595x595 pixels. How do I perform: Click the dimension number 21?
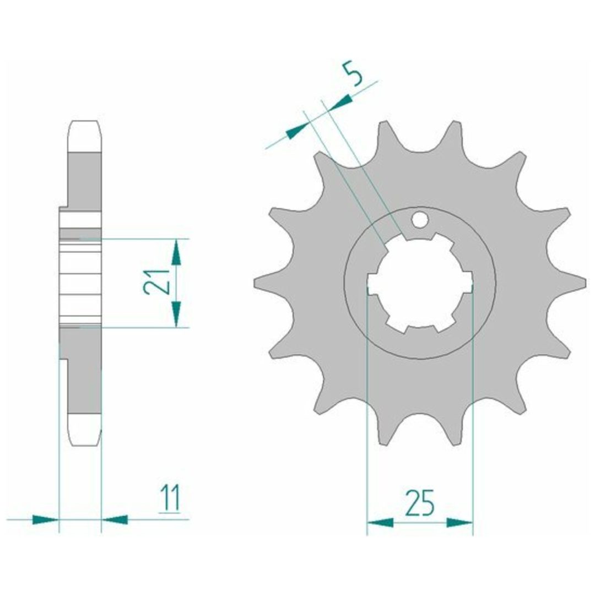(156, 282)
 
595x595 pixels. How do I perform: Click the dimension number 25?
(420, 503)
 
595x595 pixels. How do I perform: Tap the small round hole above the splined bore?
(420, 220)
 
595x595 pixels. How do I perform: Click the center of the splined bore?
(420, 283)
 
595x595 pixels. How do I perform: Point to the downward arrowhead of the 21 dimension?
(176, 314)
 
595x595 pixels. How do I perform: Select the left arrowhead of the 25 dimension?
(380, 523)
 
